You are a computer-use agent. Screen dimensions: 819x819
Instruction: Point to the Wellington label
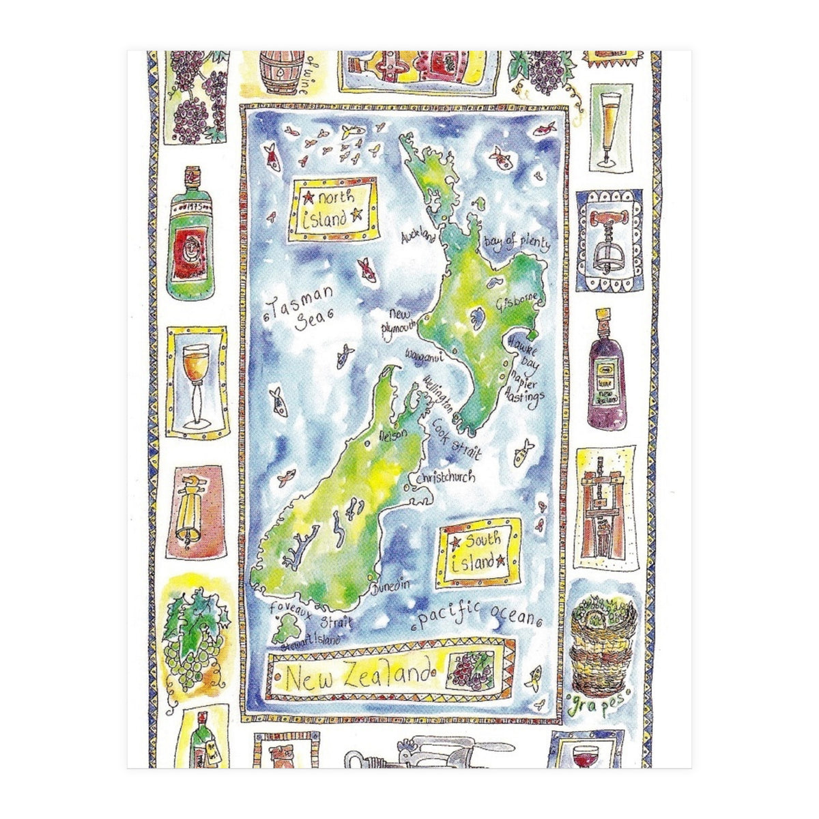pyautogui.click(x=439, y=394)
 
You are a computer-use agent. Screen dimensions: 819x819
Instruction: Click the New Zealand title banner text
pyautogui.click(x=359, y=678)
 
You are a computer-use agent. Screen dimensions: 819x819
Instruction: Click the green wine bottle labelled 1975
pyautogui.click(x=192, y=234)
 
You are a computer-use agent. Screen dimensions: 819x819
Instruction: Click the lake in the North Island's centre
pyautogui.click(x=476, y=317)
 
